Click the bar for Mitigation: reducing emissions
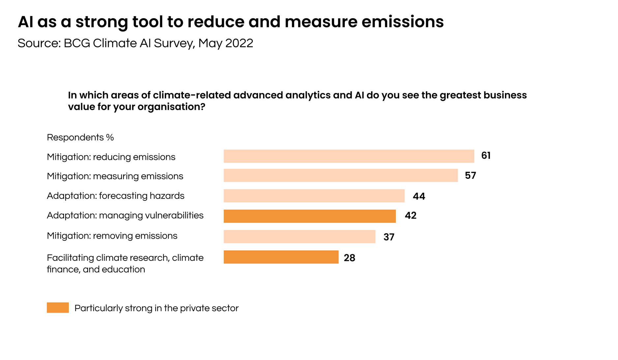click(x=349, y=156)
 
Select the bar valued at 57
click(x=340, y=175)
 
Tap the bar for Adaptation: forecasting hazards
click(x=314, y=196)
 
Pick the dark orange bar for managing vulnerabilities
click(x=309, y=216)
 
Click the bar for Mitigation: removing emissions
click(x=299, y=237)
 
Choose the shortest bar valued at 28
click(x=281, y=257)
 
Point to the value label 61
click(x=486, y=156)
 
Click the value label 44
click(x=419, y=196)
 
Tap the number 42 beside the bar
click(x=411, y=216)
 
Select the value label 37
click(x=389, y=237)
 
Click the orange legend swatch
click(x=58, y=308)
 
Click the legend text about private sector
click(x=156, y=308)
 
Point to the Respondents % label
click(x=80, y=137)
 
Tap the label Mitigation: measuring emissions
click(x=115, y=176)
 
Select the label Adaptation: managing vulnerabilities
click(x=125, y=216)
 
